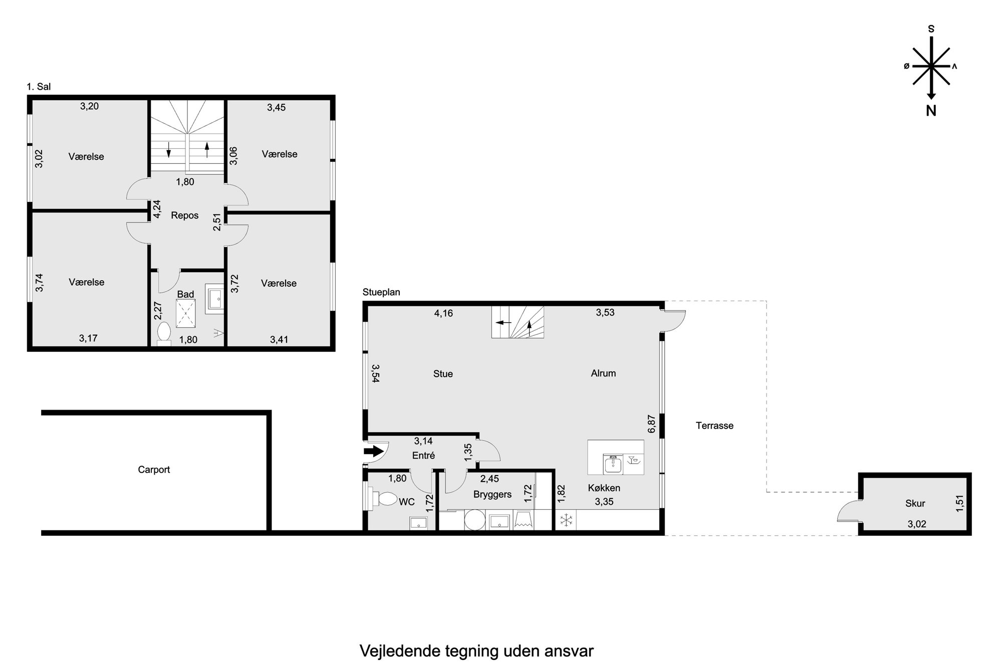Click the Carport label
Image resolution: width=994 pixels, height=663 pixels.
154,470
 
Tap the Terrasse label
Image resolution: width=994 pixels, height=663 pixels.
714,425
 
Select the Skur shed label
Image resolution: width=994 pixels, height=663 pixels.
915,504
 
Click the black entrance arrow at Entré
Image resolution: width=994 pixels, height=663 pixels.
372,452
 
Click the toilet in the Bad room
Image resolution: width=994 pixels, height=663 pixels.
164,333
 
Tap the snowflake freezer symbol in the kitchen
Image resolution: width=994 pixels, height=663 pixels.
566,520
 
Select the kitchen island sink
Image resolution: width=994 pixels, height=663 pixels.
612,465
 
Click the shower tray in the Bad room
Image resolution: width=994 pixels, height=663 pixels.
185,313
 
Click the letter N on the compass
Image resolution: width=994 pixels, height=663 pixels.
931,111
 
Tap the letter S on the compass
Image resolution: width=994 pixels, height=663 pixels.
931,29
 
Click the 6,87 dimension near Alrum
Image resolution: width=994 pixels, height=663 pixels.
651,423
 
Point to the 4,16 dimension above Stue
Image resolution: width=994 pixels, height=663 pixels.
443,313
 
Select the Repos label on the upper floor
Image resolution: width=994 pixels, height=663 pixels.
185,215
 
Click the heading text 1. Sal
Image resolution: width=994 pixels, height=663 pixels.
39,87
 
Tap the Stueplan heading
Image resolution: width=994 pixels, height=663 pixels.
381,292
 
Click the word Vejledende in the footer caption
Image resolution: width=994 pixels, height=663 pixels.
400,651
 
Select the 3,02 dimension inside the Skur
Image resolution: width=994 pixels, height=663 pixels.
917,524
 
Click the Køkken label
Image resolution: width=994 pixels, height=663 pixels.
604,488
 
